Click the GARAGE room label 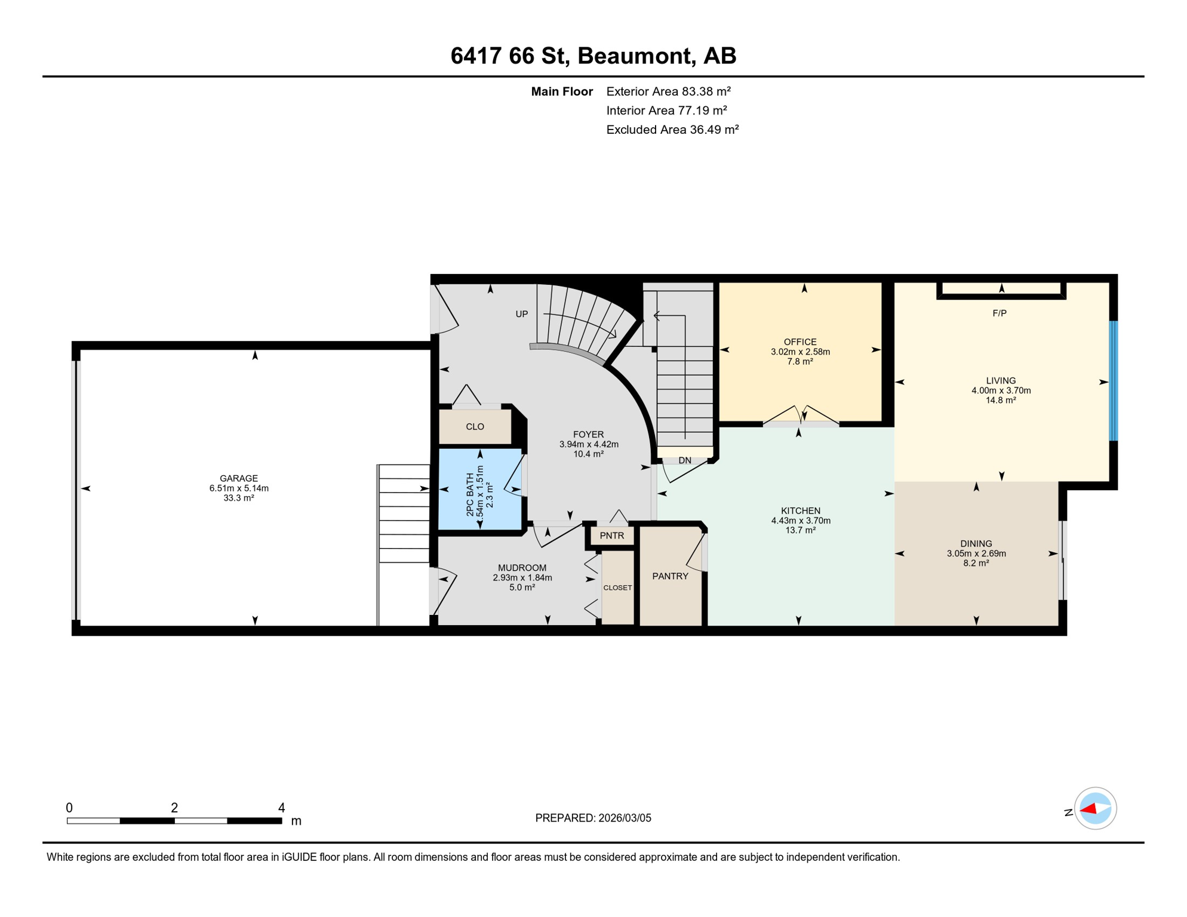(239, 478)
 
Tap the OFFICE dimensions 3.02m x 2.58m (800, 352)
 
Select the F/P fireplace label (1000, 313)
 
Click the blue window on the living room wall (1113, 381)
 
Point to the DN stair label (685, 460)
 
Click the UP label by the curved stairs (522, 314)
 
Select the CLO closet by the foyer (475, 426)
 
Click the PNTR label (612, 536)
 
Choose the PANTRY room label (670, 576)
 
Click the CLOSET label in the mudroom (617, 587)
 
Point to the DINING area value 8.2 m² (976, 563)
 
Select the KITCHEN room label (801, 510)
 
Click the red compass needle (1088, 809)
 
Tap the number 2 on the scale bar (174, 808)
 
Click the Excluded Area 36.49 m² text (672, 130)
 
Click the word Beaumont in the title (636, 56)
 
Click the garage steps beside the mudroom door (404, 513)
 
